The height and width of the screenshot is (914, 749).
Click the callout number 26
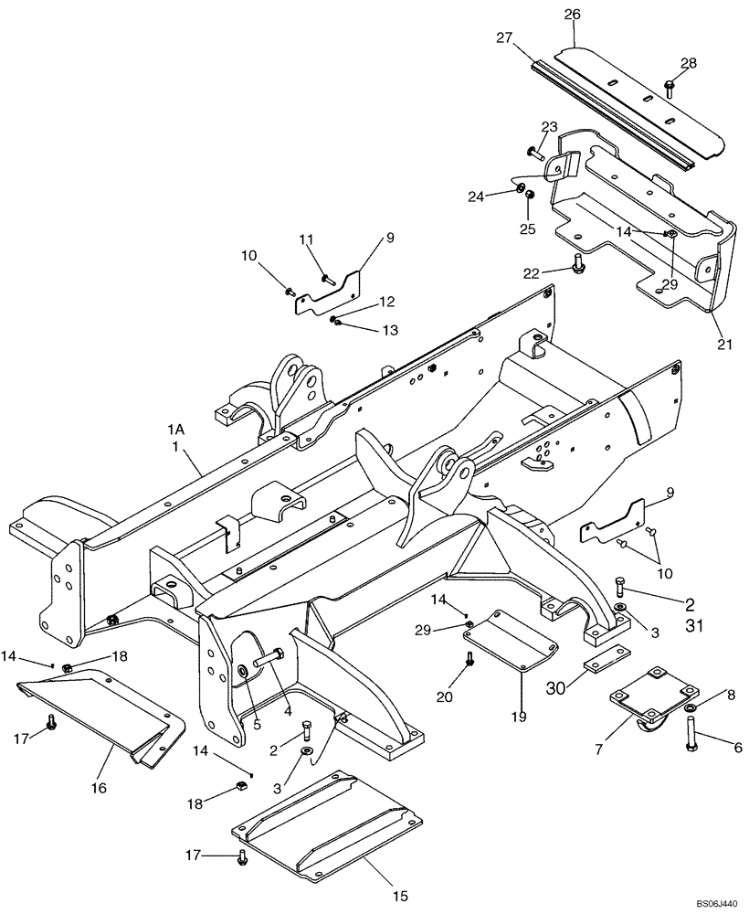click(x=572, y=15)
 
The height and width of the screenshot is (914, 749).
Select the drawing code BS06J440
click(x=712, y=903)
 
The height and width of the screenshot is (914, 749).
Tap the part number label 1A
click(x=175, y=429)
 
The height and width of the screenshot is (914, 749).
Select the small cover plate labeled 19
click(x=511, y=641)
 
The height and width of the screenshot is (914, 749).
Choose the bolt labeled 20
click(x=469, y=661)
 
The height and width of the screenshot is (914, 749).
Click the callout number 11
click(x=307, y=239)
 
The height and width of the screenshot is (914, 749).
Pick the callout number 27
click(x=504, y=38)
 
